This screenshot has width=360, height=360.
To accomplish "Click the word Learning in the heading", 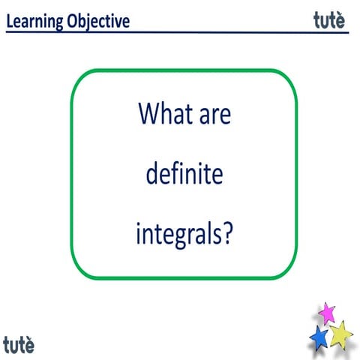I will [35, 20].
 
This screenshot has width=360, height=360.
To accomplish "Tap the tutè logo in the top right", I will [329, 19].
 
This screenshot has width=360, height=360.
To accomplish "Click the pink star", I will [326, 312].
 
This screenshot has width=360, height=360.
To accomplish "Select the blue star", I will [319, 337].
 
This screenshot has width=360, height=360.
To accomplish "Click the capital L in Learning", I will [10, 20].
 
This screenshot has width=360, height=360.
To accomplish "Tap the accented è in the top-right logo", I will [340, 19].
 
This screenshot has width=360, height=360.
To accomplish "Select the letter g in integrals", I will [175, 240].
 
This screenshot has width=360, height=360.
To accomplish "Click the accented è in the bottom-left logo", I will [29, 345].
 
